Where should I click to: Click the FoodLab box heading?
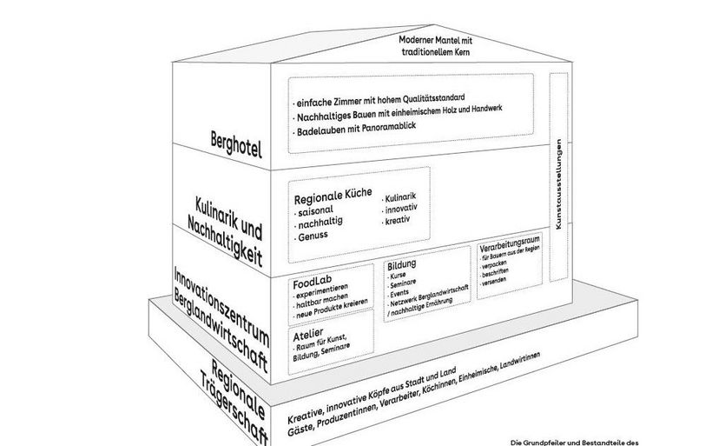tap(310, 283)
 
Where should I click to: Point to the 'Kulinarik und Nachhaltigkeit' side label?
tap(224, 229)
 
